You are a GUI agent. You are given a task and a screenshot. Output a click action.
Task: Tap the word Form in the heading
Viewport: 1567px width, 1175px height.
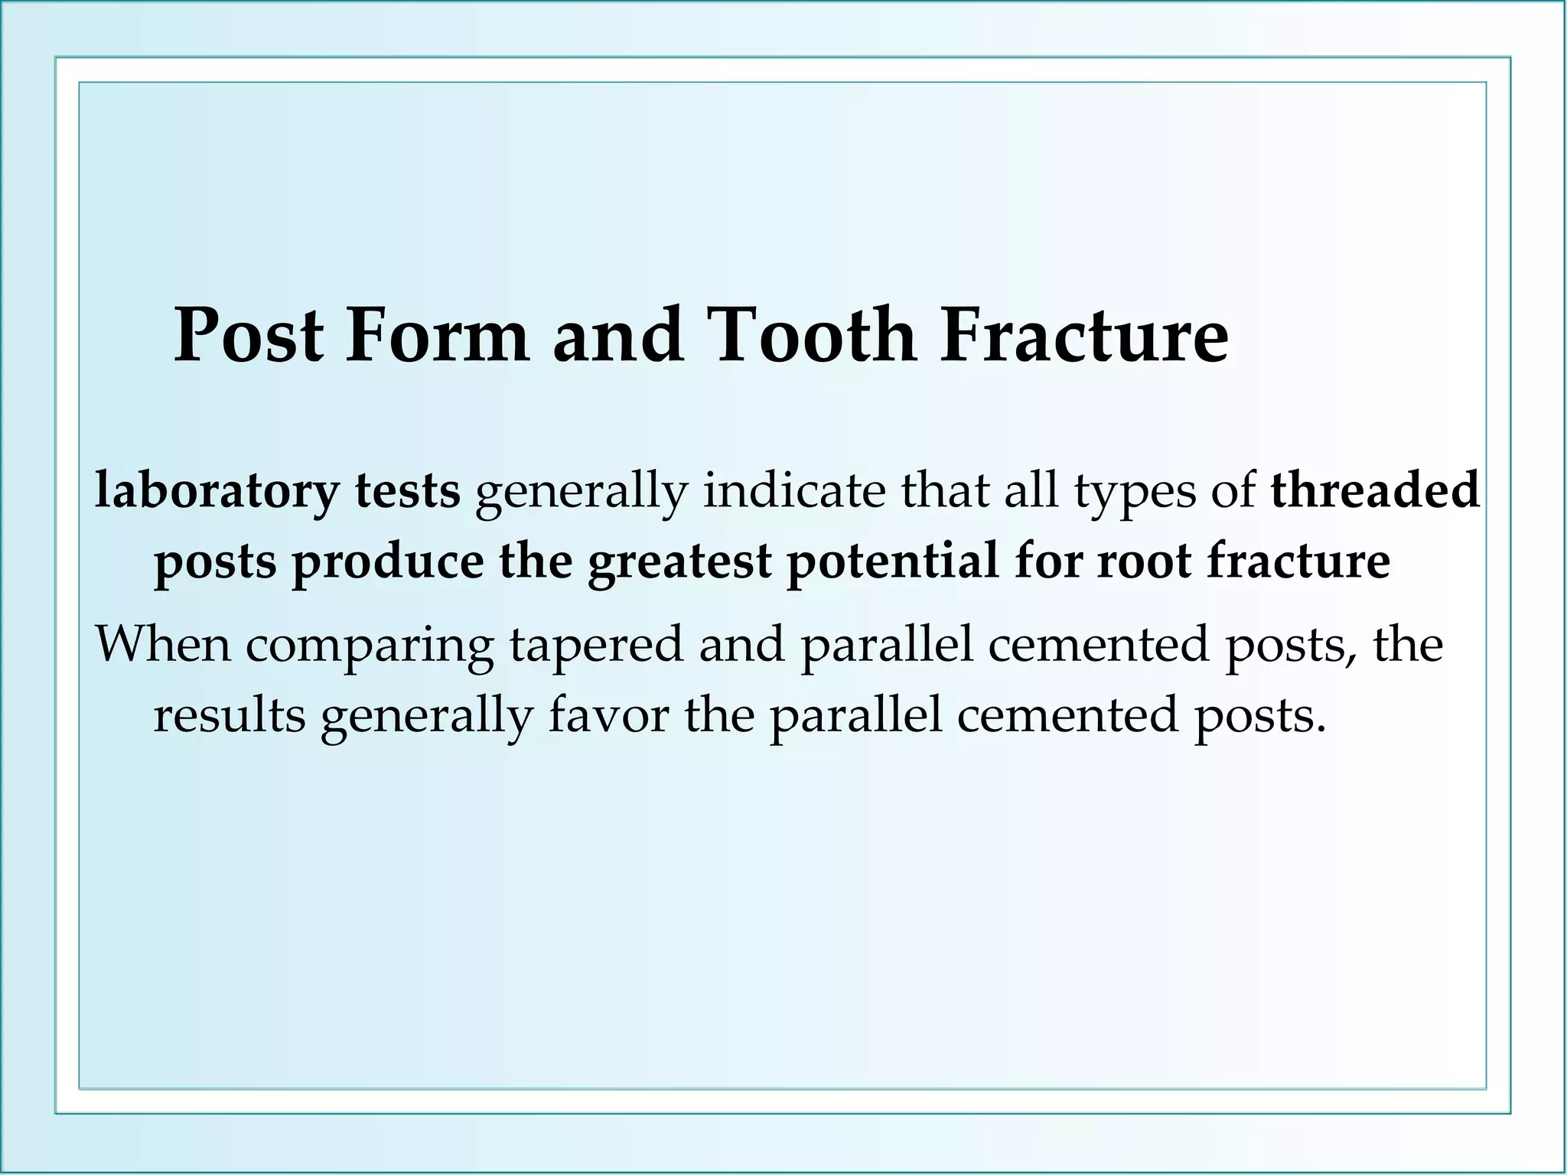coord(437,336)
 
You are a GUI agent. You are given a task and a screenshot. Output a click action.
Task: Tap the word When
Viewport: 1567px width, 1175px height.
coord(162,645)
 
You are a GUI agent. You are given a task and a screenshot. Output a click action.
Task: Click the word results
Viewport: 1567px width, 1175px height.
coord(229,717)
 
